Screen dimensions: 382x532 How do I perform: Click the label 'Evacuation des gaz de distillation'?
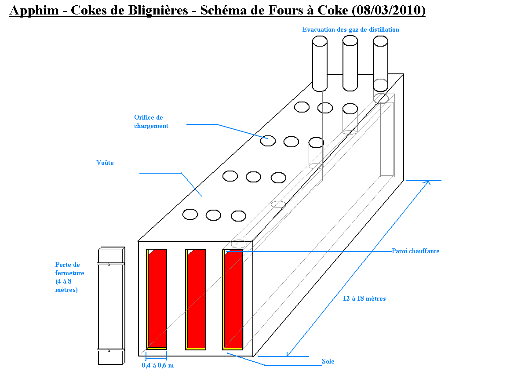click(350, 29)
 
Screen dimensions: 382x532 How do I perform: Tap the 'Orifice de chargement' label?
click(151, 122)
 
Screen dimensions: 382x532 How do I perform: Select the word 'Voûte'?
click(105, 163)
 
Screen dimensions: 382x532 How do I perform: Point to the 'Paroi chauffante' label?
click(415, 251)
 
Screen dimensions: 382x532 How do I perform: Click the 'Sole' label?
click(328, 361)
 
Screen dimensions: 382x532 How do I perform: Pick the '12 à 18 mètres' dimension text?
click(364, 298)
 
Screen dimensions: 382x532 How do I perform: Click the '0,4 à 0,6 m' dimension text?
click(157, 365)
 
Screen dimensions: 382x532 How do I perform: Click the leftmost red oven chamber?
click(157, 298)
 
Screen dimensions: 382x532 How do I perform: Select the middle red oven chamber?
click(196, 298)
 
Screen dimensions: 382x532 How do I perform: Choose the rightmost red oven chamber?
click(233, 298)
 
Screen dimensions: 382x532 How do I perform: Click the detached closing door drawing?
click(110, 308)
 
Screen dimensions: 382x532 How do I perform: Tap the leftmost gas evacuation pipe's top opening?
click(320, 41)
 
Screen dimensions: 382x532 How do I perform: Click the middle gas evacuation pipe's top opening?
click(350, 40)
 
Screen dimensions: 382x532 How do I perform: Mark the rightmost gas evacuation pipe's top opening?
click(380, 41)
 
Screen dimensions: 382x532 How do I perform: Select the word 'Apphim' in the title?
click(34, 10)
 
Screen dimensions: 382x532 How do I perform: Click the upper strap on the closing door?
click(110, 264)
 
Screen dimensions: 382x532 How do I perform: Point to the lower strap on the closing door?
click(110, 350)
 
